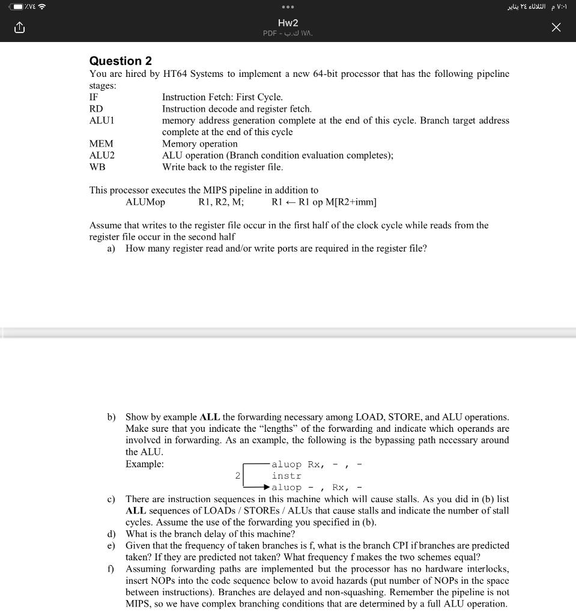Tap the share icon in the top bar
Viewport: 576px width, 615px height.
pyautogui.click(x=19, y=28)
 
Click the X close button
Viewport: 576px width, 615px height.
pyautogui.click(x=556, y=28)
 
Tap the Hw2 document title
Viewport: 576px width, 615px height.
pyautogui.click(x=288, y=23)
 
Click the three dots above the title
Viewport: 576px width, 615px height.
pyautogui.click(x=288, y=7)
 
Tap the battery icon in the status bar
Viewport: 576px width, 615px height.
pyautogui.click(x=14, y=7)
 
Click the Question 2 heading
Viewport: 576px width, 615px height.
pyautogui.click(x=120, y=61)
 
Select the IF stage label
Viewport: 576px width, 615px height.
pyautogui.click(x=94, y=97)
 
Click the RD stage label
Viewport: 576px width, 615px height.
pyautogui.click(x=96, y=109)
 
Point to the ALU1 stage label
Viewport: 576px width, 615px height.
pyautogui.click(x=102, y=120)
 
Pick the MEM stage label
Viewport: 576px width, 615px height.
pyautogui.click(x=101, y=144)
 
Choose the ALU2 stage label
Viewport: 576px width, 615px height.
pyautogui.click(x=102, y=155)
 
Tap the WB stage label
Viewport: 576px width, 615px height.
pyautogui.click(x=97, y=167)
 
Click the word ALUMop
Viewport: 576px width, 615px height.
pyautogui.click(x=145, y=202)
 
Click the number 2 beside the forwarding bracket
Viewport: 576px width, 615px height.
pyautogui.click(x=238, y=476)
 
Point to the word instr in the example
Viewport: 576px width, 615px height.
pyautogui.click(x=286, y=476)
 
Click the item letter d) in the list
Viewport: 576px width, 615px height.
pyautogui.click(x=111, y=534)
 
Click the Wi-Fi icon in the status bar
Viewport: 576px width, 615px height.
pyautogui.click(x=42, y=7)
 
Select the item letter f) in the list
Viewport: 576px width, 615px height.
pyautogui.click(x=111, y=569)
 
